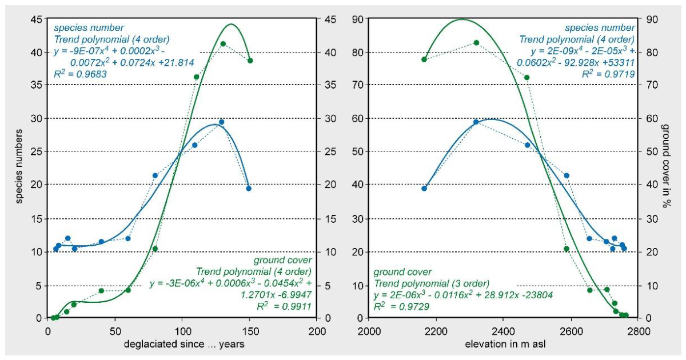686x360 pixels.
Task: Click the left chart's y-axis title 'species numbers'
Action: [19, 166]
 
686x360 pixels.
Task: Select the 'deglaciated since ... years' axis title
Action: [184, 344]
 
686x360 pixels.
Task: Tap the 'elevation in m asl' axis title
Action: [505, 344]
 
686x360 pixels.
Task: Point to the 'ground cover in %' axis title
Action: [667, 166]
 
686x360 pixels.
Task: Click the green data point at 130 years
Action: [223, 44]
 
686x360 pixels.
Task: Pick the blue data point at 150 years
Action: [249, 189]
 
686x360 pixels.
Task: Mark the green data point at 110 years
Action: [196, 77]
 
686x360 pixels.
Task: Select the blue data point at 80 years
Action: [155, 176]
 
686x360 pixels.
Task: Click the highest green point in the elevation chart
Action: [476, 42]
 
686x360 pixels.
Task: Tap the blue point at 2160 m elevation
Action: [424, 189]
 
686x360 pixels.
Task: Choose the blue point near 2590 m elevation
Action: [567, 176]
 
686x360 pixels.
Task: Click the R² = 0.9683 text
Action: [80, 74]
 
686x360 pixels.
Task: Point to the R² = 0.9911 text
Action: [284, 306]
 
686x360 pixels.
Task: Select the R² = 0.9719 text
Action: [608, 74]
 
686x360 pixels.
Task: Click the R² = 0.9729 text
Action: [401, 306]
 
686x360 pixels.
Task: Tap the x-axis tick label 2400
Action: [503, 331]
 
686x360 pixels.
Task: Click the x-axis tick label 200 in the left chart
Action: [317, 331]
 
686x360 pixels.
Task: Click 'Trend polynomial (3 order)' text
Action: [432, 283]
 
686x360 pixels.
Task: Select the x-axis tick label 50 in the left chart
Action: [115, 331]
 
